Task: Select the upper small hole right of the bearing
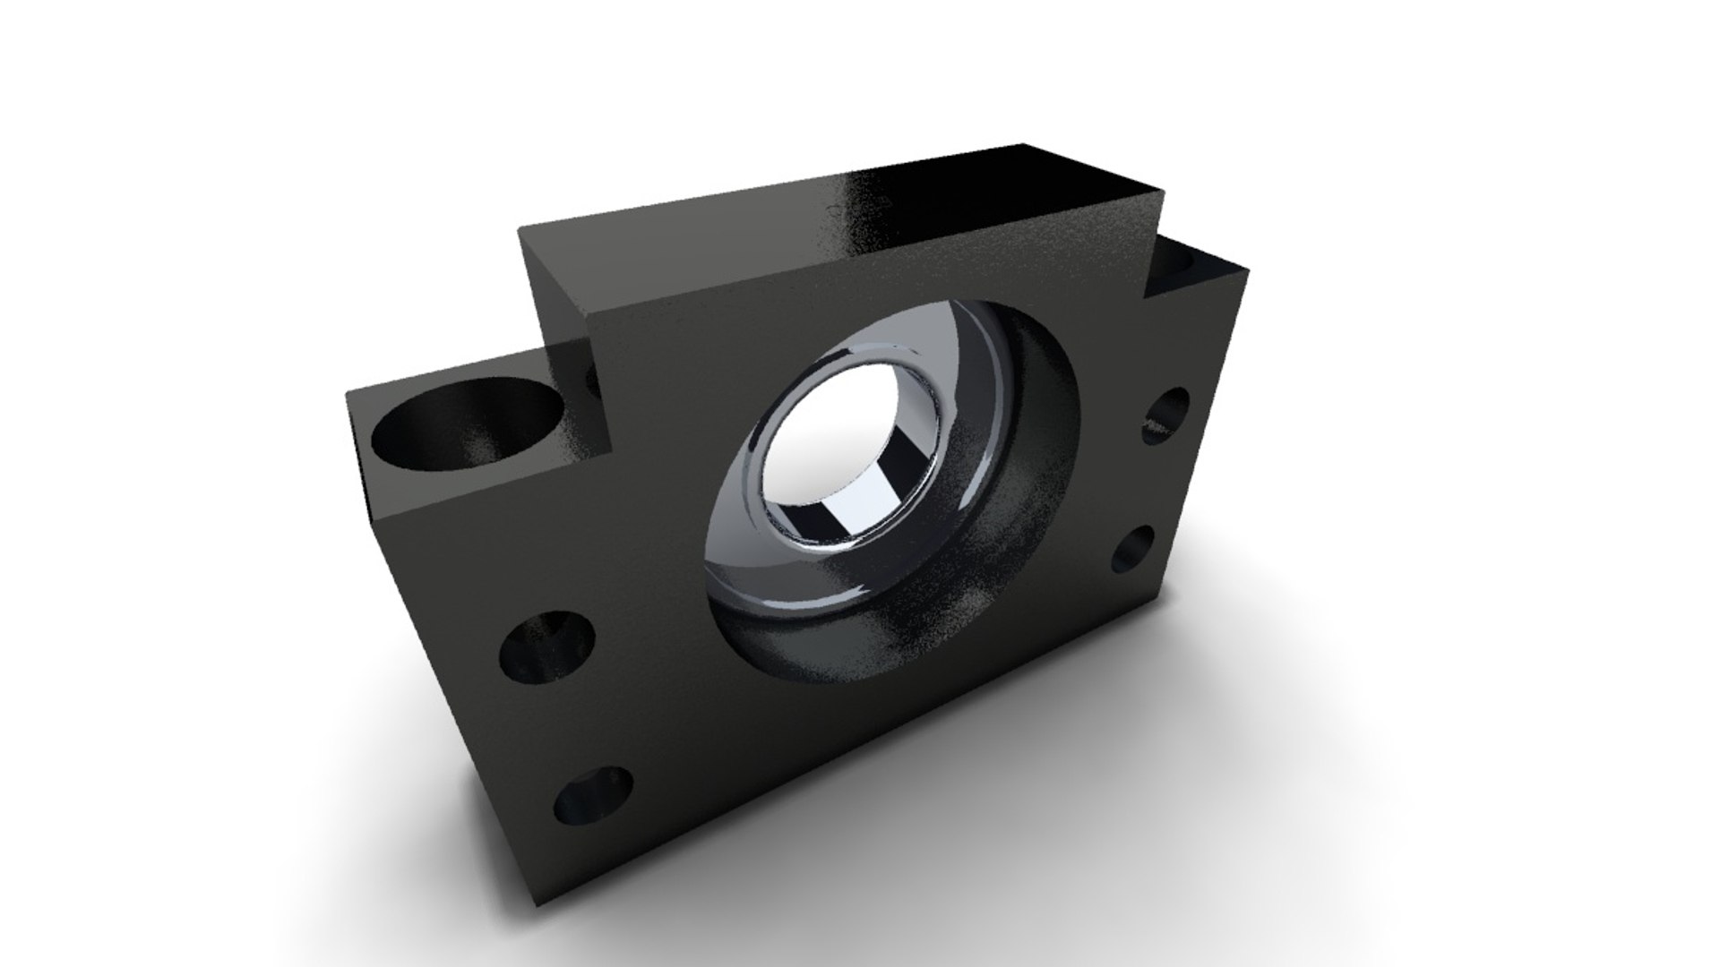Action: pos(1166,415)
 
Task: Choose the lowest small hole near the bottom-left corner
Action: pos(592,796)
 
